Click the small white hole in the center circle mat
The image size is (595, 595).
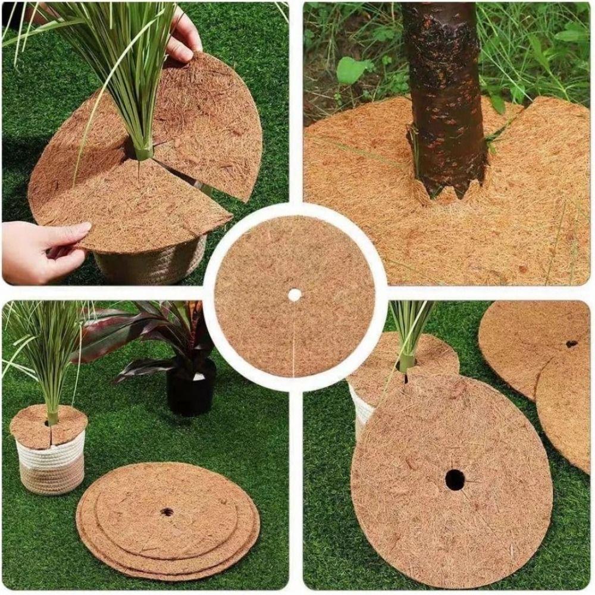pos(295,294)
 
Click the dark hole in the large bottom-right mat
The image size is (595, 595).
pos(455,479)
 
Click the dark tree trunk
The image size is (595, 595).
pos(446,89)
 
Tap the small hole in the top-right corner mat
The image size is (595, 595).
pos(571,343)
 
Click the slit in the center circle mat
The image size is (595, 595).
pos(295,339)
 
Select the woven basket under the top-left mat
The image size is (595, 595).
pos(149,262)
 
